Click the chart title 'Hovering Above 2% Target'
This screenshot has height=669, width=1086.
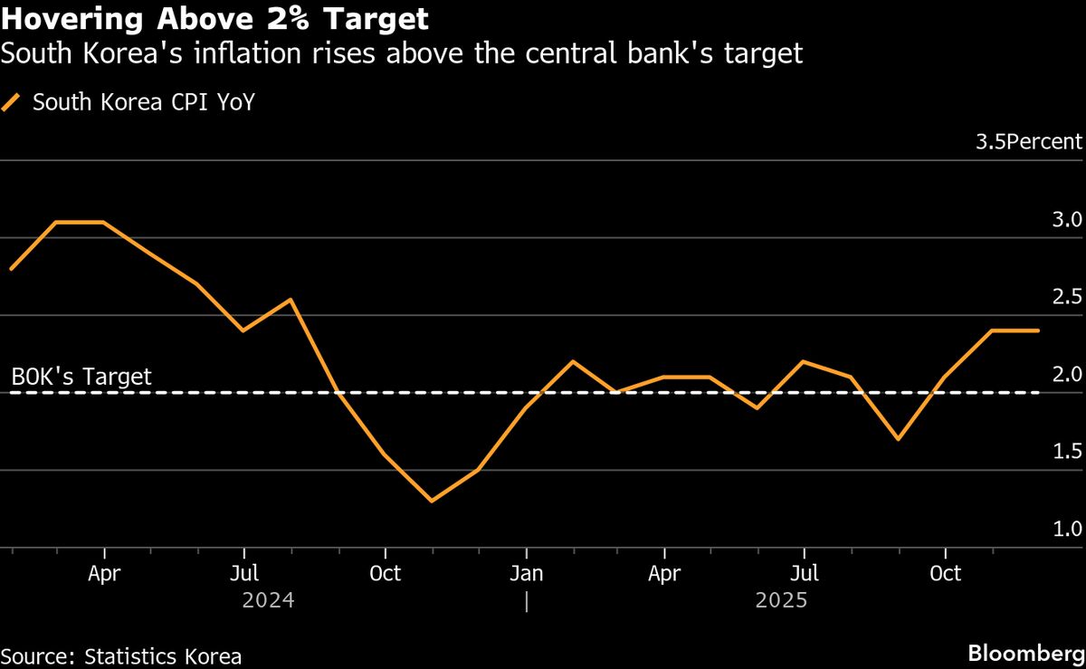215,18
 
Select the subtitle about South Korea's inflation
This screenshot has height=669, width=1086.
402,54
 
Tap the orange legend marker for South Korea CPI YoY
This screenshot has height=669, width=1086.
12,102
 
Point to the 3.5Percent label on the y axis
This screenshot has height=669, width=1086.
1028,142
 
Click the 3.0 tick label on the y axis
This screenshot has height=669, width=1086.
1068,220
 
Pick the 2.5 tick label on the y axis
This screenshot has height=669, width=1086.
1068,297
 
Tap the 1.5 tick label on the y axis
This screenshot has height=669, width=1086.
1068,452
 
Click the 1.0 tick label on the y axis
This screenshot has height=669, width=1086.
1068,530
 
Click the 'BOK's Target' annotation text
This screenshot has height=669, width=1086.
81,377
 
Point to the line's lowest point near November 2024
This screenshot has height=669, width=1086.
432,501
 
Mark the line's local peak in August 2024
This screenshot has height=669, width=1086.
291,300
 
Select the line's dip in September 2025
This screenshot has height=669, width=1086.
897,439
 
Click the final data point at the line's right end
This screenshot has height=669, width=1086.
1038,330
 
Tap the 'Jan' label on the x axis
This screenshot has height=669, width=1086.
526,574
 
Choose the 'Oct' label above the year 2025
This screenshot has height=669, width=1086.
946,574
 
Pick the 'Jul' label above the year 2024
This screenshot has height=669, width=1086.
244,574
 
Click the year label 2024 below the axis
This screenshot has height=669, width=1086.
269,600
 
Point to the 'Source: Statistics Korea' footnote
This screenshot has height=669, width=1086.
121,655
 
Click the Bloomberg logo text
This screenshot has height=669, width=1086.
1024,654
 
